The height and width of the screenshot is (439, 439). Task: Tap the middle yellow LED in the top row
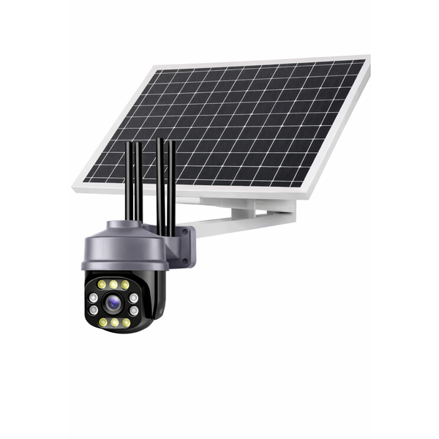click(x=113, y=284)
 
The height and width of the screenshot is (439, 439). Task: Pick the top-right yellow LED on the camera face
click(x=125, y=285)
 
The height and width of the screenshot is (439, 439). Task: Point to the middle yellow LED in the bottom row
click(x=114, y=322)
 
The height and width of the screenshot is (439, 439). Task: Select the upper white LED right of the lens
click(x=134, y=298)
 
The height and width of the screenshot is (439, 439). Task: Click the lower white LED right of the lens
click(x=134, y=310)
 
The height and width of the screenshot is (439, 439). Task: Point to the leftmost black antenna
click(x=129, y=183)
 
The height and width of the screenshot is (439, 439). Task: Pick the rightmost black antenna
click(x=172, y=183)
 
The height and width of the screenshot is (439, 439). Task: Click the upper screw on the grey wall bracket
click(x=185, y=235)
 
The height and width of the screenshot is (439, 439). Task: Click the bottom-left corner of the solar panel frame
click(x=75, y=189)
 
